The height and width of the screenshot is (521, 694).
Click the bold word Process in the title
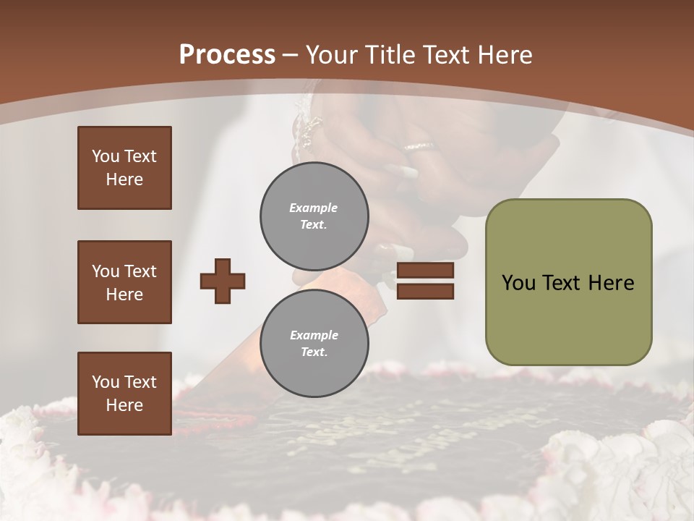tap(227, 55)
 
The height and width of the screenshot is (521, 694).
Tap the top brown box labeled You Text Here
tap(124, 168)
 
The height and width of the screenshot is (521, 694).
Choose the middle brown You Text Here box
tap(124, 282)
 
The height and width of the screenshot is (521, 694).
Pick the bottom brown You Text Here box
tap(124, 394)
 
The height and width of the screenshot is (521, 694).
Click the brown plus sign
tap(223, 281)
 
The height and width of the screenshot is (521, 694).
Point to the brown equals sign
tap(426, 281)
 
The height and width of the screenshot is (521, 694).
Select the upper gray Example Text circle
tap(314, 216)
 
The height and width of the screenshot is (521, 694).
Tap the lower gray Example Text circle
tap(314, 343)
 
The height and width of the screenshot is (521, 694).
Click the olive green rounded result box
tap(568, 282)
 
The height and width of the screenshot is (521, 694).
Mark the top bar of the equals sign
tap(426, 271)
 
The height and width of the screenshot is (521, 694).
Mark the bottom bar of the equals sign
tap(426, 291)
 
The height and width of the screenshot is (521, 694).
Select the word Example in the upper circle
tap(314, 208)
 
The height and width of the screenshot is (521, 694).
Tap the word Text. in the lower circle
tap(314, 352)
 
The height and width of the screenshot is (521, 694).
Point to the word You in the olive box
tap(518, 283)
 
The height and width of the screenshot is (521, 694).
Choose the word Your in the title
tap(333, 55)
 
